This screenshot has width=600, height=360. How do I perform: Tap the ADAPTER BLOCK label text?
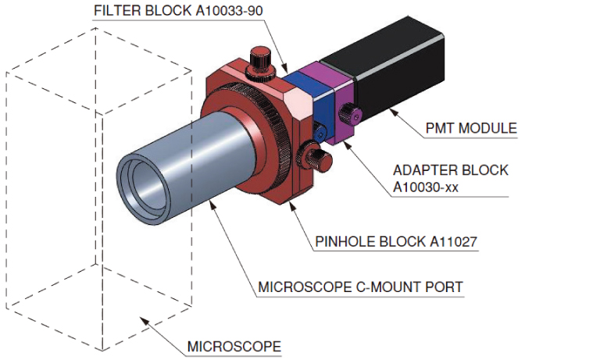pyautogui.click(x=451, y=169)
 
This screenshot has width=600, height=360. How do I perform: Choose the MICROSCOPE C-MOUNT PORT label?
pyautogui.click(x=360, y=287)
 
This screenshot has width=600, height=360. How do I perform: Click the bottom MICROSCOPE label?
pyautogui.click(x=234, y=346)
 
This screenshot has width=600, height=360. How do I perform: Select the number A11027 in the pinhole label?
pyautogui.click(x=451, y=241)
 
